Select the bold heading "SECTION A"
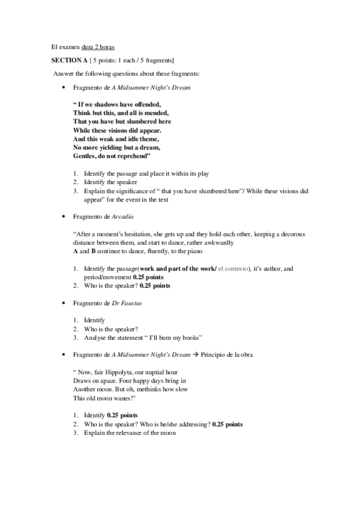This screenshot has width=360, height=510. [70, 60]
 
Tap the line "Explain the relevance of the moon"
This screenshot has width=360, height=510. [128, 432]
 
